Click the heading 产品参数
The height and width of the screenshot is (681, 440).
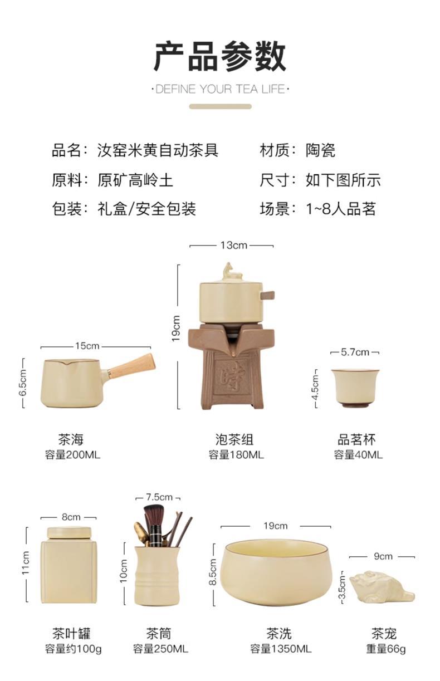point(220,57)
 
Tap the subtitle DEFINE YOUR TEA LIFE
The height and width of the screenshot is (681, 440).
point(220,89)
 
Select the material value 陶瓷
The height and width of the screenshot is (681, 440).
point(320,150)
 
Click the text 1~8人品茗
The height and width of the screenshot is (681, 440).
point(341,209)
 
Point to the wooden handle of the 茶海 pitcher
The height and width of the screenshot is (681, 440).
point(131,366)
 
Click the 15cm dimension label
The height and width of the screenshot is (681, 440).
point(87,346)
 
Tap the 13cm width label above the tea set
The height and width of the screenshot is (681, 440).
point(233,245)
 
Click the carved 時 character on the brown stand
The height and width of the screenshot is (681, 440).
point(233,378)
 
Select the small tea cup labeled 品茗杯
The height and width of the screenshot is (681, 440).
point(355,388)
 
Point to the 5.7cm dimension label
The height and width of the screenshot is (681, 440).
point(355,352)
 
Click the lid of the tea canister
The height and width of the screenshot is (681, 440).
point(69,532)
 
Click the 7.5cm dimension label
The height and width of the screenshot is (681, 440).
point(159,497)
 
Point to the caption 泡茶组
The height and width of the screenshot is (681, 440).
point(234,439)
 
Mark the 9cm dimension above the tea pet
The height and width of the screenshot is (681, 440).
point(383,556)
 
